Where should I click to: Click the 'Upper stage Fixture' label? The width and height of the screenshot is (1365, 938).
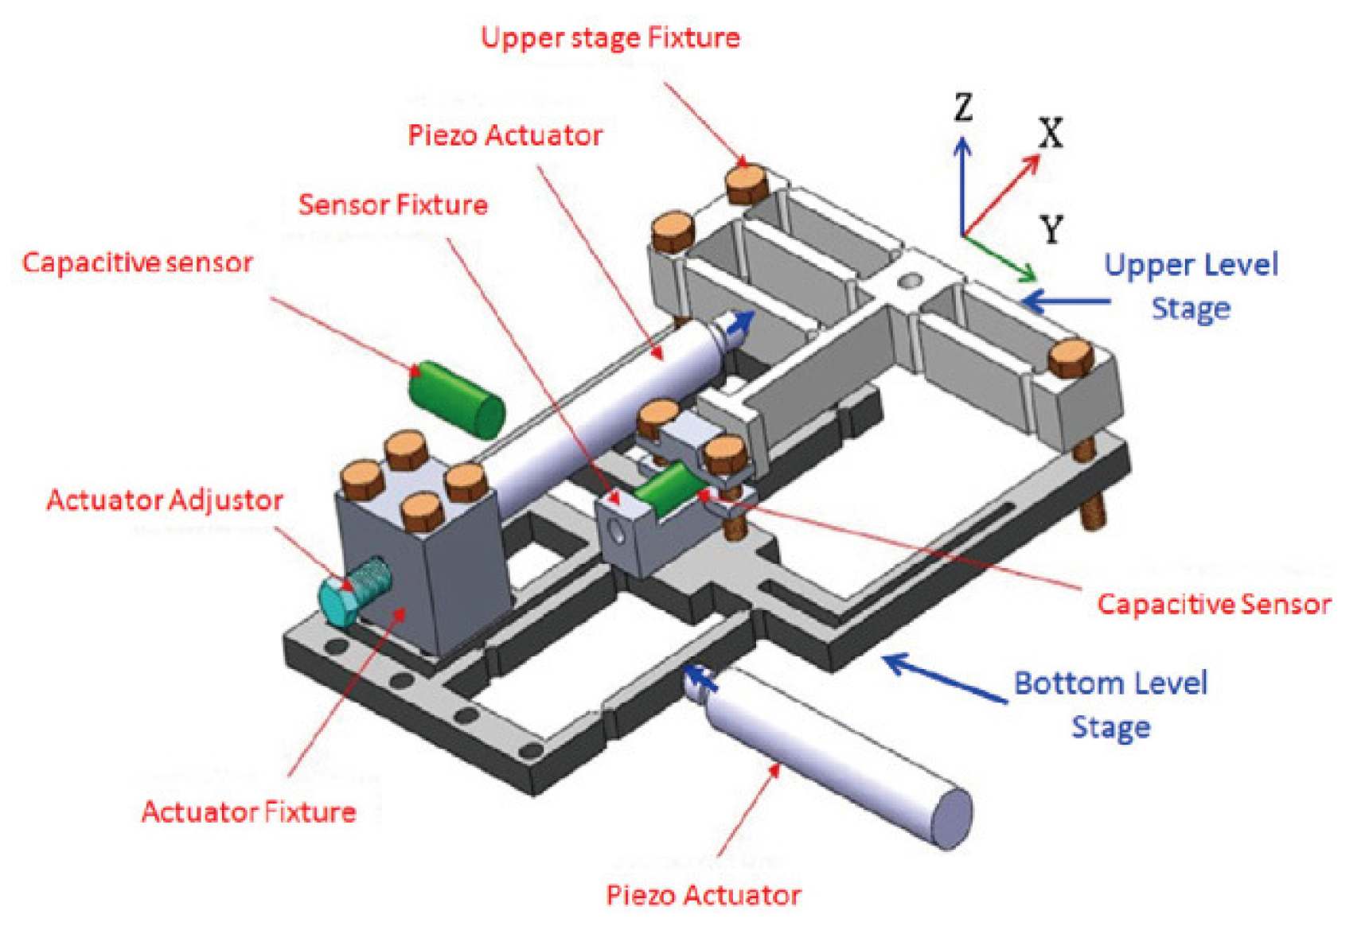pyautogui.click(x=610, y=38)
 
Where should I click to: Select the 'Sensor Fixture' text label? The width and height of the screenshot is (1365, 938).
pyautogui.click(x=392, y=205)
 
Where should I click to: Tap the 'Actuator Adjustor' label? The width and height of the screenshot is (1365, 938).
pyautogui.click(x=165, y=500)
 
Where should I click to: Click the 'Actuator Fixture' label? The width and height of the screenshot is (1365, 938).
pyautogui.click(x=248, y=812)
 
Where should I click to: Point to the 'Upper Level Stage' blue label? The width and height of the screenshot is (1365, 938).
pyautogui.click(x=1191, y=286)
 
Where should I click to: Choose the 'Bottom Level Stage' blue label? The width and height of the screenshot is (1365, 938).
pyautogui.click(x=1110, y=704)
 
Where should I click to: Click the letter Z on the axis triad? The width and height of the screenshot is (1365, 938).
pyautogui.click(x=963, y=107)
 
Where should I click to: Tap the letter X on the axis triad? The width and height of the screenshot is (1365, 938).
pyautogui.click(x=1051, y=134)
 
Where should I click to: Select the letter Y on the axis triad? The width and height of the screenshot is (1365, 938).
pyautogui.click(x=1052, y=231)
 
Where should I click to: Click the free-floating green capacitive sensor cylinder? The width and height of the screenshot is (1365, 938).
pyautogui.click(x=456, y=399)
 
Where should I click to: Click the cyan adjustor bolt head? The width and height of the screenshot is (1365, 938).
pyautogui.click(x=337, y=602)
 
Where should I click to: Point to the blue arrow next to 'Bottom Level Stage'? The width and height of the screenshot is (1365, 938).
pyautogui.click(x=943, y=677)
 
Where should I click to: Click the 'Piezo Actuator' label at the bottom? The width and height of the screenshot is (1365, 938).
pyautogui.click(x=703, y=896)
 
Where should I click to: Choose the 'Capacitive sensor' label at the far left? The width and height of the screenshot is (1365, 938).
pyautogui.click(x=137, y=263)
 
